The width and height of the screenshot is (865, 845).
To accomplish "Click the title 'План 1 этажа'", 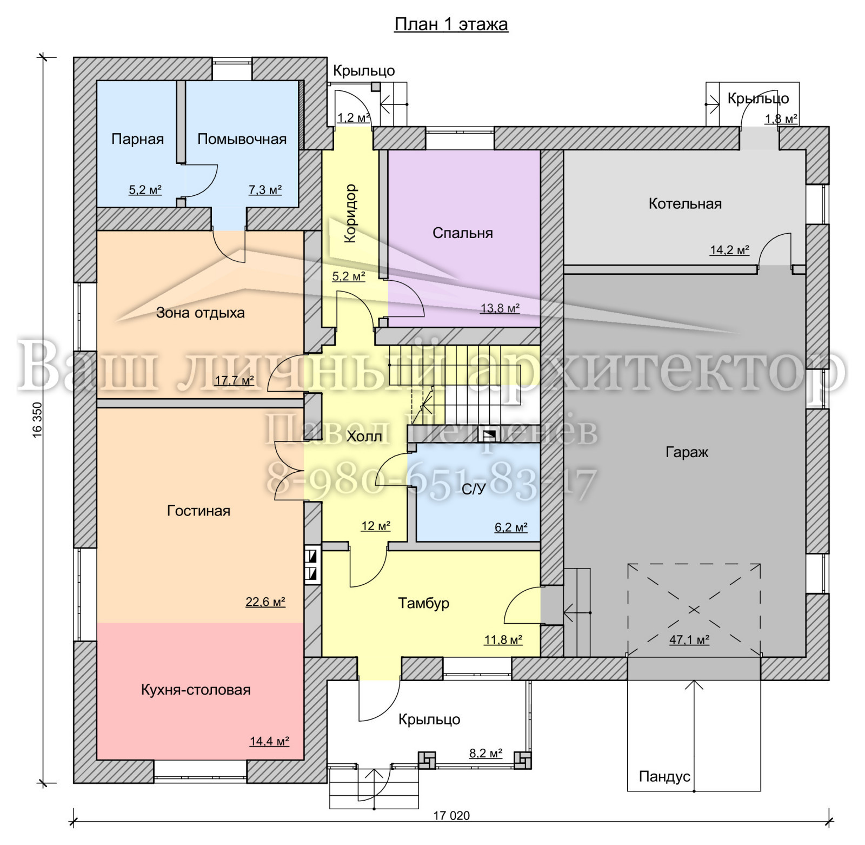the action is pyautogui.click(x=451, y=24).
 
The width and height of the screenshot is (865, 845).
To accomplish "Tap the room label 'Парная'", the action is pyautogui.click(x=137, y=139).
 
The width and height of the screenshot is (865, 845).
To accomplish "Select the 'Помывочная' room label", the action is pyautogui.click(x=242, y=139).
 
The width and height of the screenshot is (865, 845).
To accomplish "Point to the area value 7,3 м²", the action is pyautogui.click(x=265, y=190).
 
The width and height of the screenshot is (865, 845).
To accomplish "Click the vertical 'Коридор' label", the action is pyautogui.click(x=350, y=213).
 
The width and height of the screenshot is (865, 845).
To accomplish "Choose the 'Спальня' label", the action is pyautogui.click(x=463, y=233).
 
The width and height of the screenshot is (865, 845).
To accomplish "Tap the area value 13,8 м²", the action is pyautogui.click(x=500, y=308).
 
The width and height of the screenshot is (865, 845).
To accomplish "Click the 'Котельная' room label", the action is pyautogui.click(x=685, y=203).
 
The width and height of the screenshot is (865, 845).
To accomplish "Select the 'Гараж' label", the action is pyautogui.click(x=687, y=452).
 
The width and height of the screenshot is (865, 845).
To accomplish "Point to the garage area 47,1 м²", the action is pyautogui.click(x=689, y=639).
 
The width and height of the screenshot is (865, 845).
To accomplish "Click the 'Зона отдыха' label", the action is pyautogui.click(x=201, y=313).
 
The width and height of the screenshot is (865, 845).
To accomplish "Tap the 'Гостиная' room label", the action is pyautogui.click(x=198, y=511).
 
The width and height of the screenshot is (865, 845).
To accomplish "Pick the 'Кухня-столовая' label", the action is pyautogui.click(x=196, y=690).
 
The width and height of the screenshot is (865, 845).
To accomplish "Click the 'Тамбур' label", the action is pyautogui.click(x=424, y=603).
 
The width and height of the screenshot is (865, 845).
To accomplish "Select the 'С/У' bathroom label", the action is pyautogui.click(x=474, y=489).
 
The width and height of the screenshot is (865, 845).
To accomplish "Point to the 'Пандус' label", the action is pyautogui.click(x=664, y=777).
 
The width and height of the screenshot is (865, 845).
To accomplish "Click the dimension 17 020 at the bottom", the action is pyautogui.click(x=451, y=816).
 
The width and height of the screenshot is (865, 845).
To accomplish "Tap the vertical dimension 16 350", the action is pyautogui.click(x=37, y=419).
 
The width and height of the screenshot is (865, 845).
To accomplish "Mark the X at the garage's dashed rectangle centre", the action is pyautogui.click(x=694, y=610).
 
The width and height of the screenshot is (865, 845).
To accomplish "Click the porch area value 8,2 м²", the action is pyautogui.click(x=485, y=753).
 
